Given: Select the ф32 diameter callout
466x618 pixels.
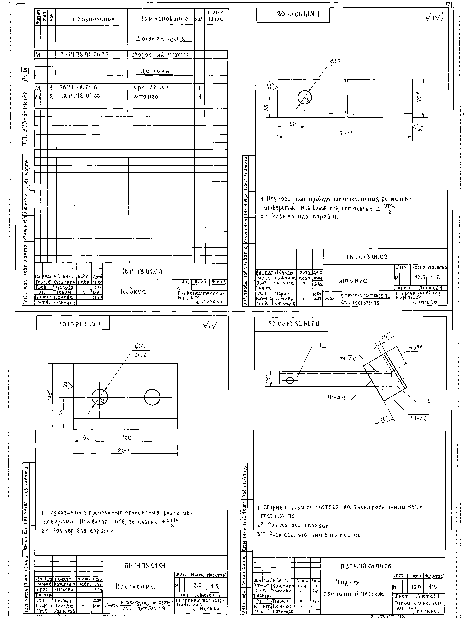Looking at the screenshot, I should click(140, 346).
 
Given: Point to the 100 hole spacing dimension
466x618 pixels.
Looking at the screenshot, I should click(126, 438).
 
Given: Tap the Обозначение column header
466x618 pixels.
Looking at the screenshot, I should click(94, 19).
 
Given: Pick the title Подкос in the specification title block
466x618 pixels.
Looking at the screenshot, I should click(134, 292).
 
